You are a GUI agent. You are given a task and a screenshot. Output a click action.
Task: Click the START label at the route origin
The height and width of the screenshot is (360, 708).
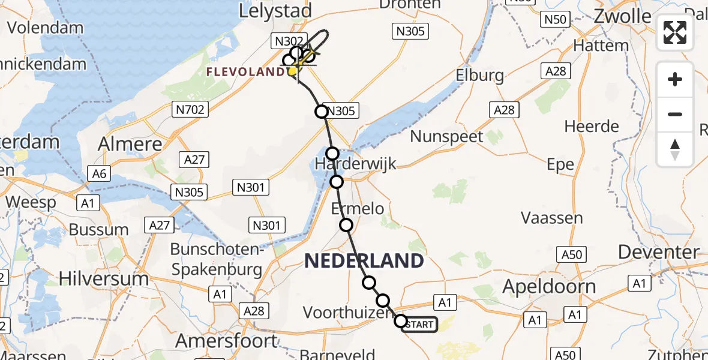[419, 325]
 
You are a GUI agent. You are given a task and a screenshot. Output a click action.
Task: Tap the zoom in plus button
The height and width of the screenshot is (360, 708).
[675, 79]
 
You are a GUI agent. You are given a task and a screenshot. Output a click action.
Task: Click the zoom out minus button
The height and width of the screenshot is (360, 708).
[675, 114]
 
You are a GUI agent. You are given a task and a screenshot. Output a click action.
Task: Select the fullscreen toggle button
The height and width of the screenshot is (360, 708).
[675, 32]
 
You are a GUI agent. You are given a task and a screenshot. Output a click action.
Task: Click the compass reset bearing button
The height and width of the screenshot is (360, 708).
[675, 149]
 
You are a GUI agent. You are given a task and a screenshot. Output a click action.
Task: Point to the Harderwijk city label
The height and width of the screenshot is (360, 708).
[356, 163]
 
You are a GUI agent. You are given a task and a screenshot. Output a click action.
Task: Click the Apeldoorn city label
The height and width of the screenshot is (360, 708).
[549, 287]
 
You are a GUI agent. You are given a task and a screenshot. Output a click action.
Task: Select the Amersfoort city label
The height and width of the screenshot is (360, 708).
[227, 341]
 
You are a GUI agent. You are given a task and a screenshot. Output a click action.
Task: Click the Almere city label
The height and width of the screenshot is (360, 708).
[131, 144]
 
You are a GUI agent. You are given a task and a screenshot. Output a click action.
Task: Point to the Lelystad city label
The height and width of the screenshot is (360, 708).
[275, 11]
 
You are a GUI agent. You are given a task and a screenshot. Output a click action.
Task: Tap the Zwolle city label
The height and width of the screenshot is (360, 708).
[623, 16]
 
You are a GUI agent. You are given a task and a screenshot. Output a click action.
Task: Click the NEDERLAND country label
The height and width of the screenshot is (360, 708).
[364, 260]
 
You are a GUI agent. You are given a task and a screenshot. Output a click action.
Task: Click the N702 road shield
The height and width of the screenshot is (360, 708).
[190, 109]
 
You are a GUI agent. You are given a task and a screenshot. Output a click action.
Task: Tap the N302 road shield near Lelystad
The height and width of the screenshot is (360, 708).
[287, 41]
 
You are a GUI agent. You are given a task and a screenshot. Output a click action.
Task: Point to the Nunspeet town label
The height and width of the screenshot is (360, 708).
[446, 136]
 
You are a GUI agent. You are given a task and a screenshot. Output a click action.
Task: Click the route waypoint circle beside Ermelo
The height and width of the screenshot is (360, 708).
[346, 225]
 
